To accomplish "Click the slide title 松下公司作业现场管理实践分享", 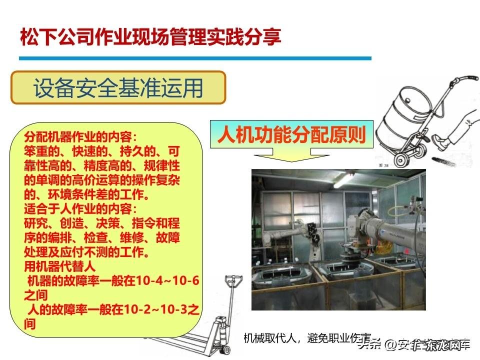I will coord(150,37).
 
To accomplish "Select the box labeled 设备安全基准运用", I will coord(118,88).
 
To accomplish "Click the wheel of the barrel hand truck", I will coord(402,159).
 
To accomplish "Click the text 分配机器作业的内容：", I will coord(80,136).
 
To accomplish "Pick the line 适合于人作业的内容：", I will coord(80,207).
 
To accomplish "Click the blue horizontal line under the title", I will coord(195,58).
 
